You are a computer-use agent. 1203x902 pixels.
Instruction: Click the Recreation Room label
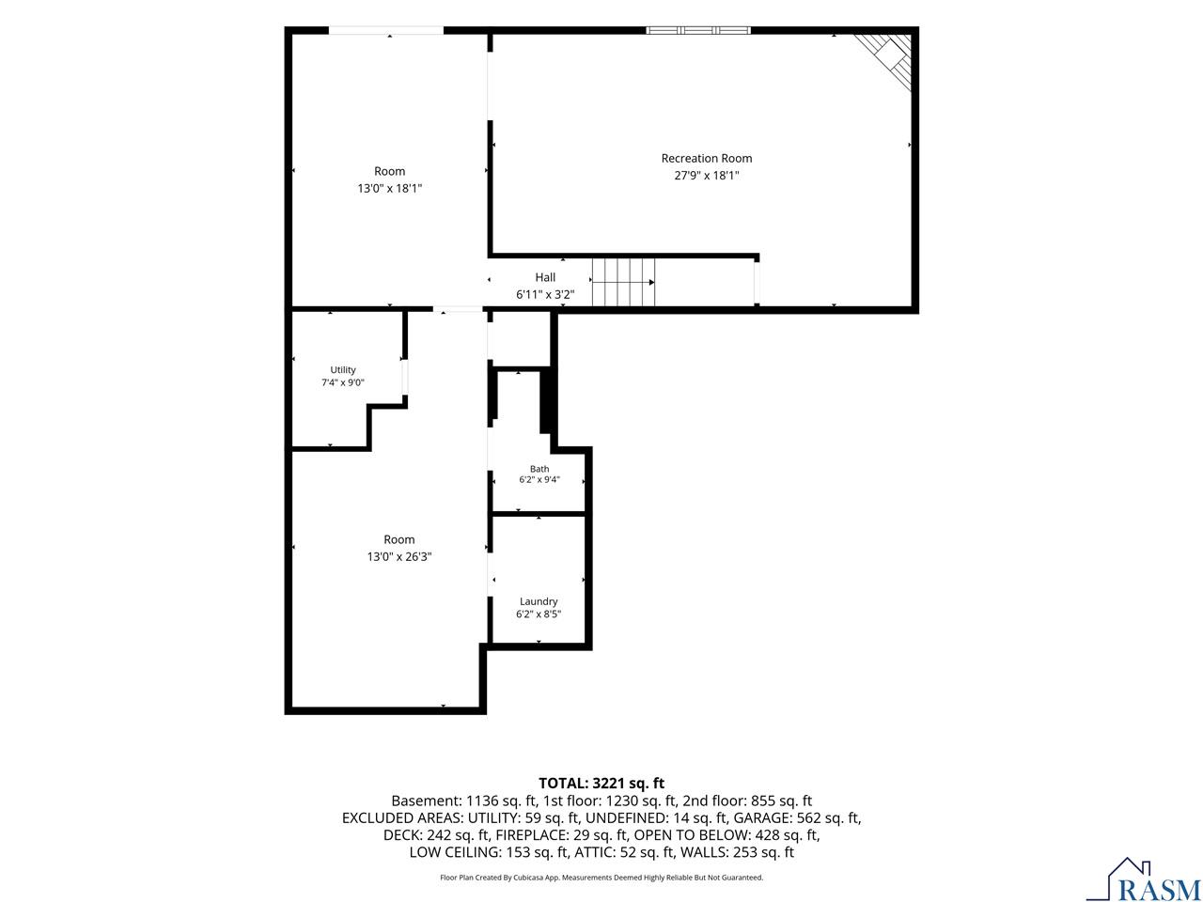coord(706,158)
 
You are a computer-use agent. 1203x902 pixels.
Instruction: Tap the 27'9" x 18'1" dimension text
coord(706,176)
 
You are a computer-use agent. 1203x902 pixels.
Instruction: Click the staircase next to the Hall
coord(623,282)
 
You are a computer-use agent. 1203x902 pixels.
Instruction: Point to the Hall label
coord(545,277)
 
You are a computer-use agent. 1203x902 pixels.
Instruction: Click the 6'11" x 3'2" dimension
coord(545,295)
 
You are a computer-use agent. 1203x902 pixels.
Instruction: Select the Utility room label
coord(342,369)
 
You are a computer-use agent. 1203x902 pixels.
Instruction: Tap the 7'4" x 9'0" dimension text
coord(342,382)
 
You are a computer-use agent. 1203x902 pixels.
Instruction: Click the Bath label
coord(539,469)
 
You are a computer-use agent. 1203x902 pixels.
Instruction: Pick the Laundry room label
coord(539,601)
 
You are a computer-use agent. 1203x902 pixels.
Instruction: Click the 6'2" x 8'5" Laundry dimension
coord(539,614)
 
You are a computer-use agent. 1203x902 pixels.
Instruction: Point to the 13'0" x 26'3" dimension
coord(399,556)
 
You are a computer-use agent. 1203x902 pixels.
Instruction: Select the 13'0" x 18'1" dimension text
coord(390,189)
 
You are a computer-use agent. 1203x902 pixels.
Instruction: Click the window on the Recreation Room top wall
coord(698,30)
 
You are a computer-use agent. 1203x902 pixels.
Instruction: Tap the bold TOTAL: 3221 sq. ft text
coord(601,784)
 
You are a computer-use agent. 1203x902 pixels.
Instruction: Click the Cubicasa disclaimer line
coord(601,878)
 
